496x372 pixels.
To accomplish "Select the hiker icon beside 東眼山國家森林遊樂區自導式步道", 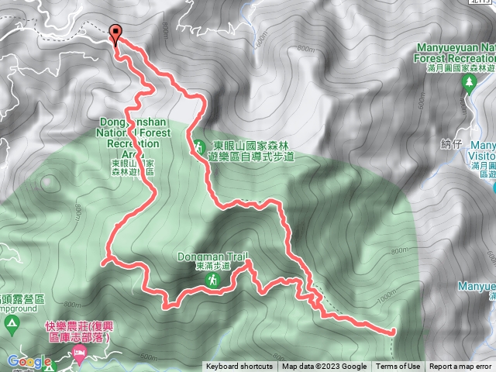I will [198, 146].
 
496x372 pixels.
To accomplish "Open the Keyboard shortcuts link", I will [239, 367].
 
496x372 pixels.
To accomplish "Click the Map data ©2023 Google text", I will [325, 367].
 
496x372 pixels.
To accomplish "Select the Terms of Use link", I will [398, 367].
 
